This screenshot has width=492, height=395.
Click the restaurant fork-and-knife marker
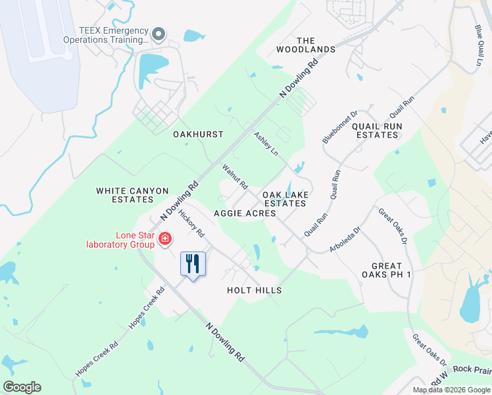(x=193, y=264)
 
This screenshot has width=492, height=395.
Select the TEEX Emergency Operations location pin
(x=158, y=34)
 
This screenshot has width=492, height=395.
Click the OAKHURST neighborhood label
(x=198, y=134)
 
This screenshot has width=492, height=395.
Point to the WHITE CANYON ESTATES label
(x=132, y=195)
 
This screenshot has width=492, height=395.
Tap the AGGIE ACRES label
(x=245, y=213)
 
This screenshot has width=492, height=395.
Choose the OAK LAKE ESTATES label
(x=285, y=199)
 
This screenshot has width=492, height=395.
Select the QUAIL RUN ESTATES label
(x=376, y=130)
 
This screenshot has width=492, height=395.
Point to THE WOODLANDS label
(x=306, y=45)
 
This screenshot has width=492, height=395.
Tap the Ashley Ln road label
(x=266, y=144)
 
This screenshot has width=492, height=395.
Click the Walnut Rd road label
(x=234, y=176)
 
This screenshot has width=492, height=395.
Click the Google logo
(x=22, y=387)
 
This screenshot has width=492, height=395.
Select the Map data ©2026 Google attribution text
(x=451, y=390)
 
